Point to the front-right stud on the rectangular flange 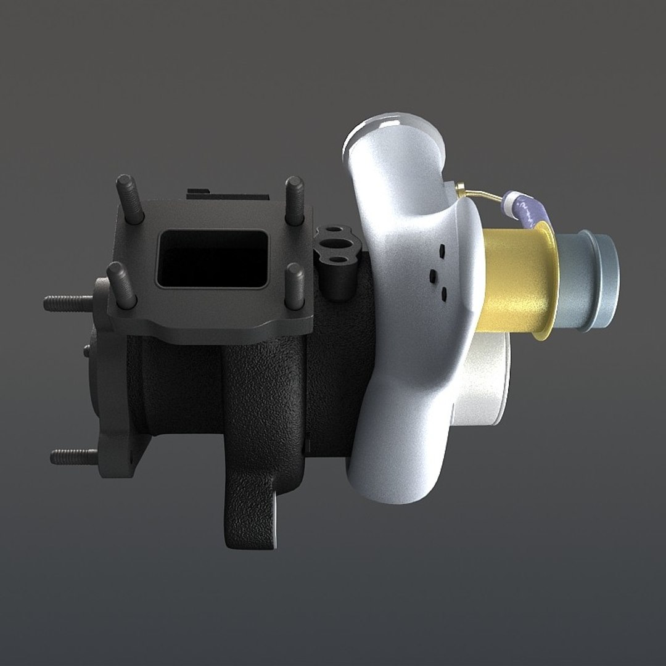(296, 286)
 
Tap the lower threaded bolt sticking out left (73, 456)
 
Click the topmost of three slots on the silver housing (442, 250)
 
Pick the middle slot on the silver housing (433, 274)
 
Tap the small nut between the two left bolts (87, 350)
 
